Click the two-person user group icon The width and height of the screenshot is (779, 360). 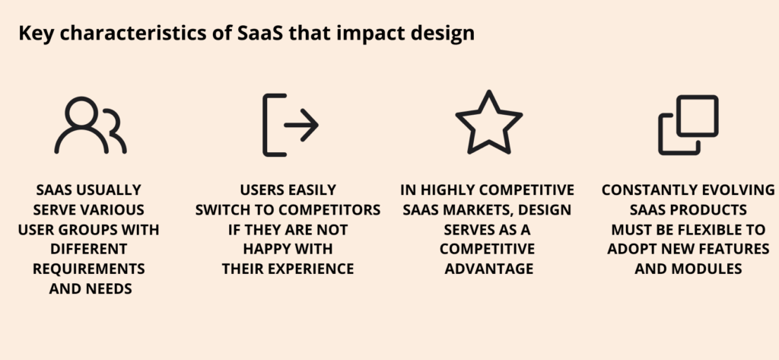click(x=90, y=126)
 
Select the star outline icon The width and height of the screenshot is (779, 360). click(x=488, y=123)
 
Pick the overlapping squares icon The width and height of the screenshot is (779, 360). click(x=688, y=125)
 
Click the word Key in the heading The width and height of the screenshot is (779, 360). click(x=31, y=34)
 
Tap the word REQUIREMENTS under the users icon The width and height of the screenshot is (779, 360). click(x=88, y=269)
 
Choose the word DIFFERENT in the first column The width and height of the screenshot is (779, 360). click(x=88, y=249)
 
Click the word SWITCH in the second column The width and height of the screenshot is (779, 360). click(x=222, y=209)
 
